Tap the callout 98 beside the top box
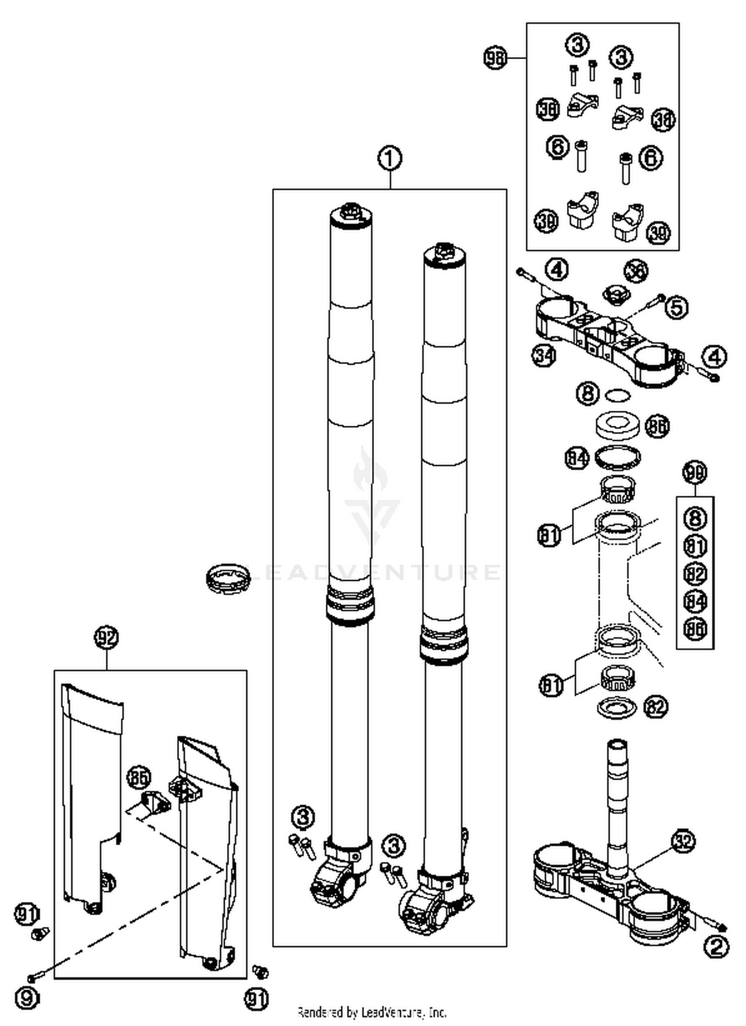tap(495, 58)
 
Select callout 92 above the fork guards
tap(106, 637)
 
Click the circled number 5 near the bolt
tap(677, 307)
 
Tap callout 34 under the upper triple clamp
tap(544, 355)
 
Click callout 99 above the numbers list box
tap(695, 472)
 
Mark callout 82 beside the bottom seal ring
tap(655, 707)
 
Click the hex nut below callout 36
tap(616, 294)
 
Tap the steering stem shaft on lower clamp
tap(616, 796)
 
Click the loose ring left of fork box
tap(227, 578)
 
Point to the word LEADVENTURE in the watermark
tap(373, 572)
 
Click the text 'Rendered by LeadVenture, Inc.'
tap(372, 1012)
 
